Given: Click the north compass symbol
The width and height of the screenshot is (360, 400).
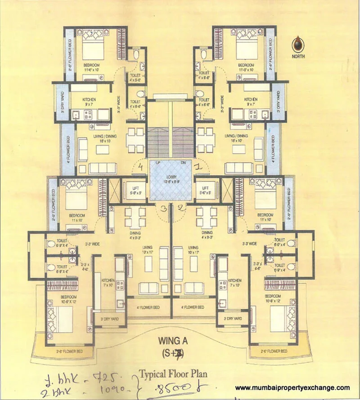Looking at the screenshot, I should [298, 45].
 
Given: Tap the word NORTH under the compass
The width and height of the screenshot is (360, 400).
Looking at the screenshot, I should [298, 57].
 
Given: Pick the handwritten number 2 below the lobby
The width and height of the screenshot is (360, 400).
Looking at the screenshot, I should [179, 208].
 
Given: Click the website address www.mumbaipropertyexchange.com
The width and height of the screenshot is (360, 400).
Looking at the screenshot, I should [292, 388].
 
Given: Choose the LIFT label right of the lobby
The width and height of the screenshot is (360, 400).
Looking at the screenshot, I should [206, 189].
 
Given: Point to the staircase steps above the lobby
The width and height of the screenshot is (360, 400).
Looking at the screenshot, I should [170, 135].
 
